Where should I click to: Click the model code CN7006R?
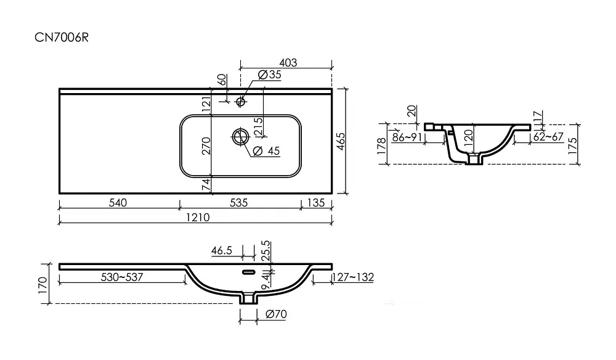pyautogui.click(x=62, y=38)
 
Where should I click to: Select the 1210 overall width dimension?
pyautogui.click(x=198, y=218)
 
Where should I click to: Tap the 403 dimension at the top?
pyautogui.click(x=288, y=63)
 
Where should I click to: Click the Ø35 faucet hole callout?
pyautogui.click(x=270, y=75)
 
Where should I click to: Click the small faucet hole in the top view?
pyautogui.click(x=241, y=102)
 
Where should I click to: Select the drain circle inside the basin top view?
pyautogui.click(x=240, y=137)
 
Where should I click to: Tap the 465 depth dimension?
pyautogui.click(x=341, y=142)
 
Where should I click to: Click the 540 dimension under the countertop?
pyautogui.click(x=118, y=203)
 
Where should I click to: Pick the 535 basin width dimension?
pyautogui.click(x=239, y=203)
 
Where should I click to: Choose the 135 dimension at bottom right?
pyautogui.click(x=316, y=203)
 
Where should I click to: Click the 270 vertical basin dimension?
pyautogui.click(x=206, y=146)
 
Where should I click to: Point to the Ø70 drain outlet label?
pyautogui.click(x=276, y=314)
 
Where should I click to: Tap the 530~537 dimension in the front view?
pyautogui.click(x=122, y=277)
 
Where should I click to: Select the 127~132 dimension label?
pyautogui.click(x=353, y=277)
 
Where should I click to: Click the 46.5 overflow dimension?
pyautogui.click(x=222, y=251)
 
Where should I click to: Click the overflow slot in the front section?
pyautogui.click(x=248, y=272)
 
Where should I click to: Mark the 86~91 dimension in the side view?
pyautogui.click(x=407, y=137)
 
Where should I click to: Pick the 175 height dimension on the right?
pyautogui.click(x=572, y=145)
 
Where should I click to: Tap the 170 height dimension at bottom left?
pyautogui.click(x=43, y=285)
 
